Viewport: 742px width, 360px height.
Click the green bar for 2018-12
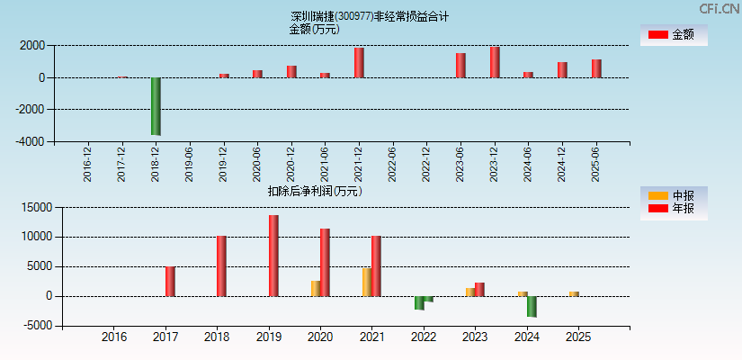(156, 106)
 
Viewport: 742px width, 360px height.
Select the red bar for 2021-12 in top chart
(359, 63)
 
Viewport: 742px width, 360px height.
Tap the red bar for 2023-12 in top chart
(495, 62)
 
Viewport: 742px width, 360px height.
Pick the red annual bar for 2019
(273, 256)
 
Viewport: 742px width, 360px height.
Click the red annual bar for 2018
(221, 266)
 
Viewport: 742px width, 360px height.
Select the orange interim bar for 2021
(367, 282)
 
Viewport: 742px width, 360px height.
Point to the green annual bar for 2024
(532, 307)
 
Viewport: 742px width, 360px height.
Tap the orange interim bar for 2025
(574, 293)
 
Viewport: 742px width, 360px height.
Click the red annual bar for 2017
(170, 281)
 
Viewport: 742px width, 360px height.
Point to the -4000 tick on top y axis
(32, 141)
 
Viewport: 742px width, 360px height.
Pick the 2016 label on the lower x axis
(114, 337)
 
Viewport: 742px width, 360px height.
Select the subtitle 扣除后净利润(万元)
(315, 191)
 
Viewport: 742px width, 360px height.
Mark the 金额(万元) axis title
(314, 29)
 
